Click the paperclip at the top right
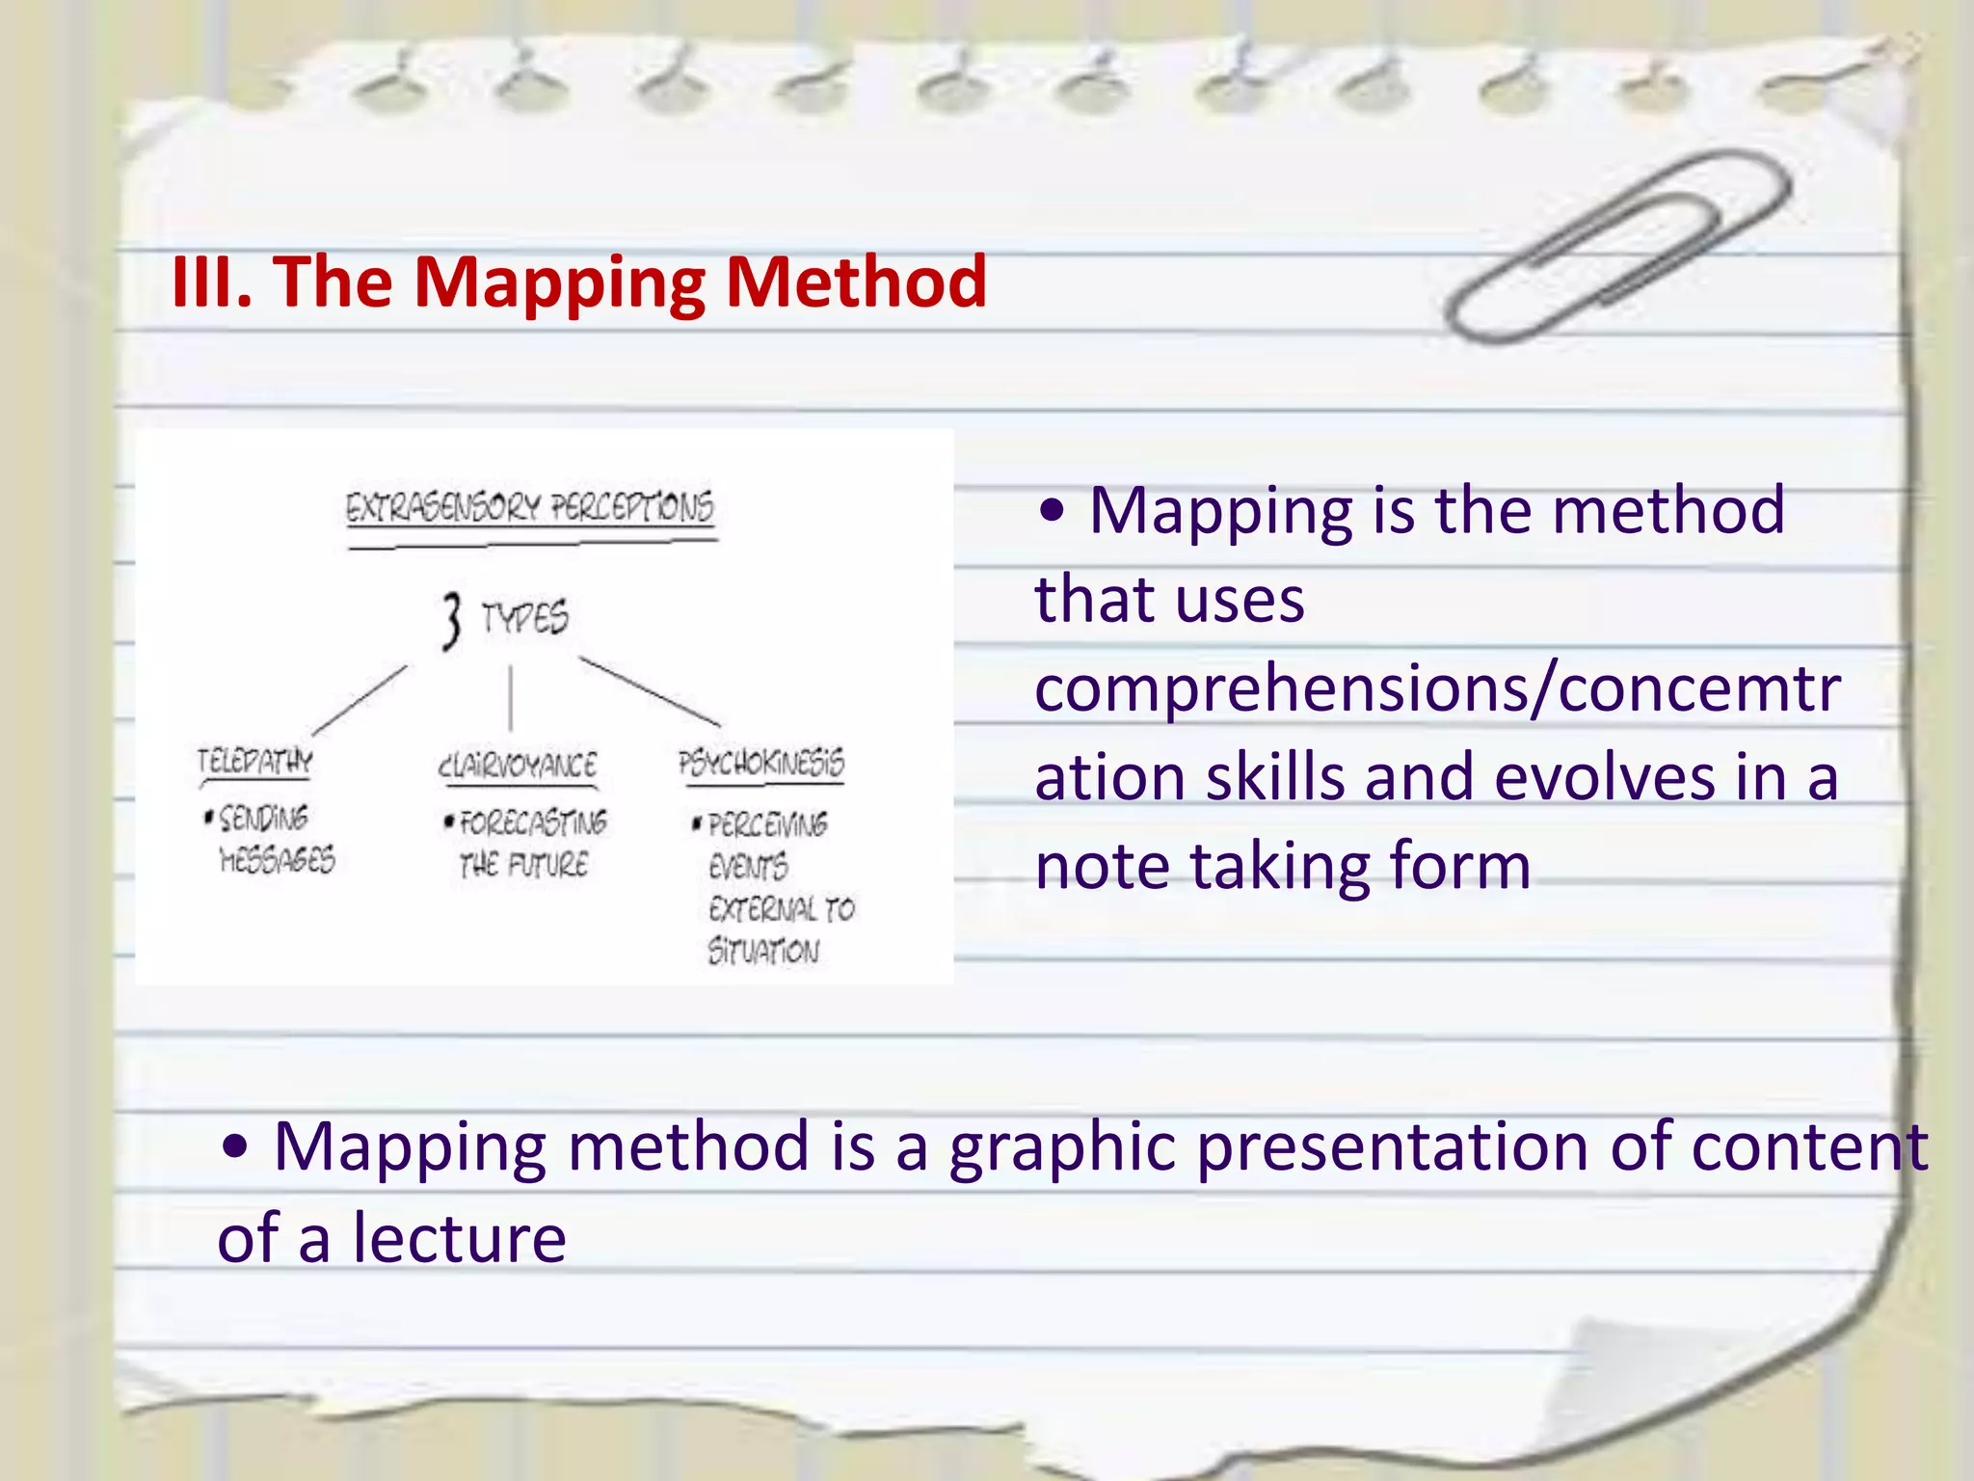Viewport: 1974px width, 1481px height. pos(1619,246)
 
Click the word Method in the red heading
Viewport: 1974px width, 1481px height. pos(856,282)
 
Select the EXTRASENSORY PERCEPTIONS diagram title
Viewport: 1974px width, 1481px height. pos(530,506)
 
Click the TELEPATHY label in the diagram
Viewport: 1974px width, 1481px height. pos(255,762)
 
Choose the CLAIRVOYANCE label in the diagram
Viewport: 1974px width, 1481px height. pos(518,766)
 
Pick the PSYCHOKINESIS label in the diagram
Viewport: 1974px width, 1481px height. pos(761,763)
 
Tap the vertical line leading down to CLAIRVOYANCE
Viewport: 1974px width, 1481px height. pos(511,697)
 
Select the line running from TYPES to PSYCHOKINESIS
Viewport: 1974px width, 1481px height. pos(650,691)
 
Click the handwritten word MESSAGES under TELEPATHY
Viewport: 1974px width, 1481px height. pos(278,859)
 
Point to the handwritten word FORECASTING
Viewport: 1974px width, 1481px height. pos(533,822)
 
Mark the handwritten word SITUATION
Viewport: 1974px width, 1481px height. pos(763,952)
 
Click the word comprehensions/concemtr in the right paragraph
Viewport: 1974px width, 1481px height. pos(1437,688)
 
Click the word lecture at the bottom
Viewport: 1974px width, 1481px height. pos(459,1238)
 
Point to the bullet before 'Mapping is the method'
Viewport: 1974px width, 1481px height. pos(1053,512)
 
